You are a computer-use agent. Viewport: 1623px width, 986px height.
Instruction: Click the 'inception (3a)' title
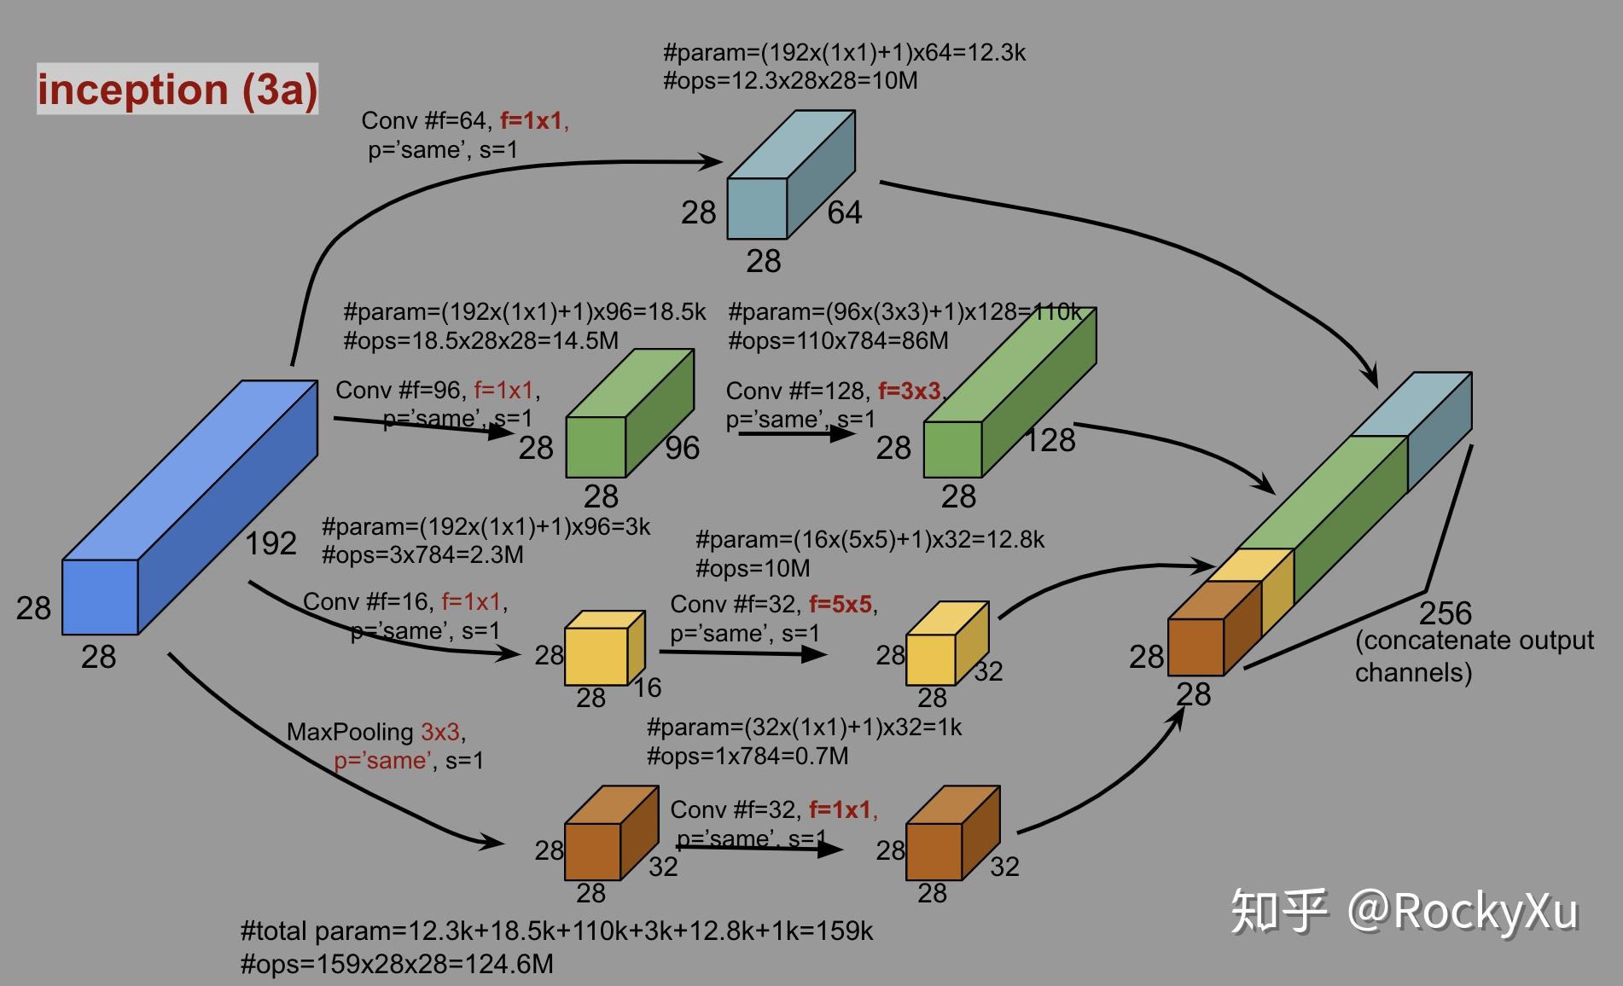point(177,90)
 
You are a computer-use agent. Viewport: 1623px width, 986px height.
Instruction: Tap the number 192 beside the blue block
point(270,543)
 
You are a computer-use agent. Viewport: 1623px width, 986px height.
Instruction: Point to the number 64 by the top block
point(844,212)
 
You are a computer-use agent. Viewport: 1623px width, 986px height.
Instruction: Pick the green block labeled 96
point(627,418)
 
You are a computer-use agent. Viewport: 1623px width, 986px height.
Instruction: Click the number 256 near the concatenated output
point(1445,612)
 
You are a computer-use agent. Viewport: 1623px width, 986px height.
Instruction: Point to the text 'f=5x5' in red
point(841,605)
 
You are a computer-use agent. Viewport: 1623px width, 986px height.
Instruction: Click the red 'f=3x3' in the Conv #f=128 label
point(910,391)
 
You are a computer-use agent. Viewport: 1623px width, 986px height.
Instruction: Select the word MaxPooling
point(350,732)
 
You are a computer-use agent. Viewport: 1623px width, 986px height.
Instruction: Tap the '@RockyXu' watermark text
point(1463,911)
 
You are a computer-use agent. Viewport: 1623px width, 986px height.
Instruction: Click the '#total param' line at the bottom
point(556,931)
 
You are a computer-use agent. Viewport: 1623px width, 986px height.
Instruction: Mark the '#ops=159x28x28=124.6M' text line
point(397,965)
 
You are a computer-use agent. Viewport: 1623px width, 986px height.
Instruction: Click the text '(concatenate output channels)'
point(1473,656)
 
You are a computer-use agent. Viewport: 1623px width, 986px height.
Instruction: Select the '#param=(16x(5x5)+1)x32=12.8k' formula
point(870,540)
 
